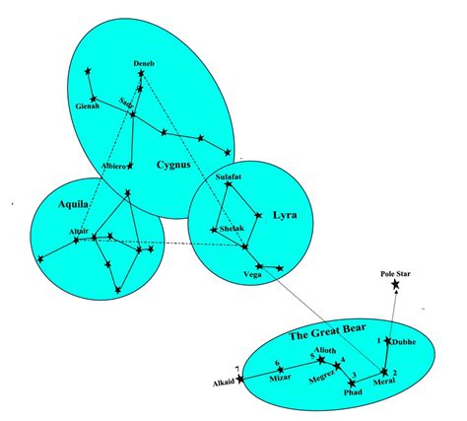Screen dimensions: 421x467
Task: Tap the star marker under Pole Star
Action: (x=396, y=285)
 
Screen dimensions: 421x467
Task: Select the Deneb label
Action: (x=144, y=64)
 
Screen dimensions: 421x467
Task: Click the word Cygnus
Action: (x=173, y=164)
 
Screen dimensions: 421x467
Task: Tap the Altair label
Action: (x=79, y=230)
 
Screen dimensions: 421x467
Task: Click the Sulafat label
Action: (x=228, y=177)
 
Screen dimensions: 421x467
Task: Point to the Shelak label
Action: (x=232, y=228)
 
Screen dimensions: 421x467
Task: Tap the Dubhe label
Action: (x=405, y=342)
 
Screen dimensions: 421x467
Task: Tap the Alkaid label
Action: (x=226, y=380)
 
